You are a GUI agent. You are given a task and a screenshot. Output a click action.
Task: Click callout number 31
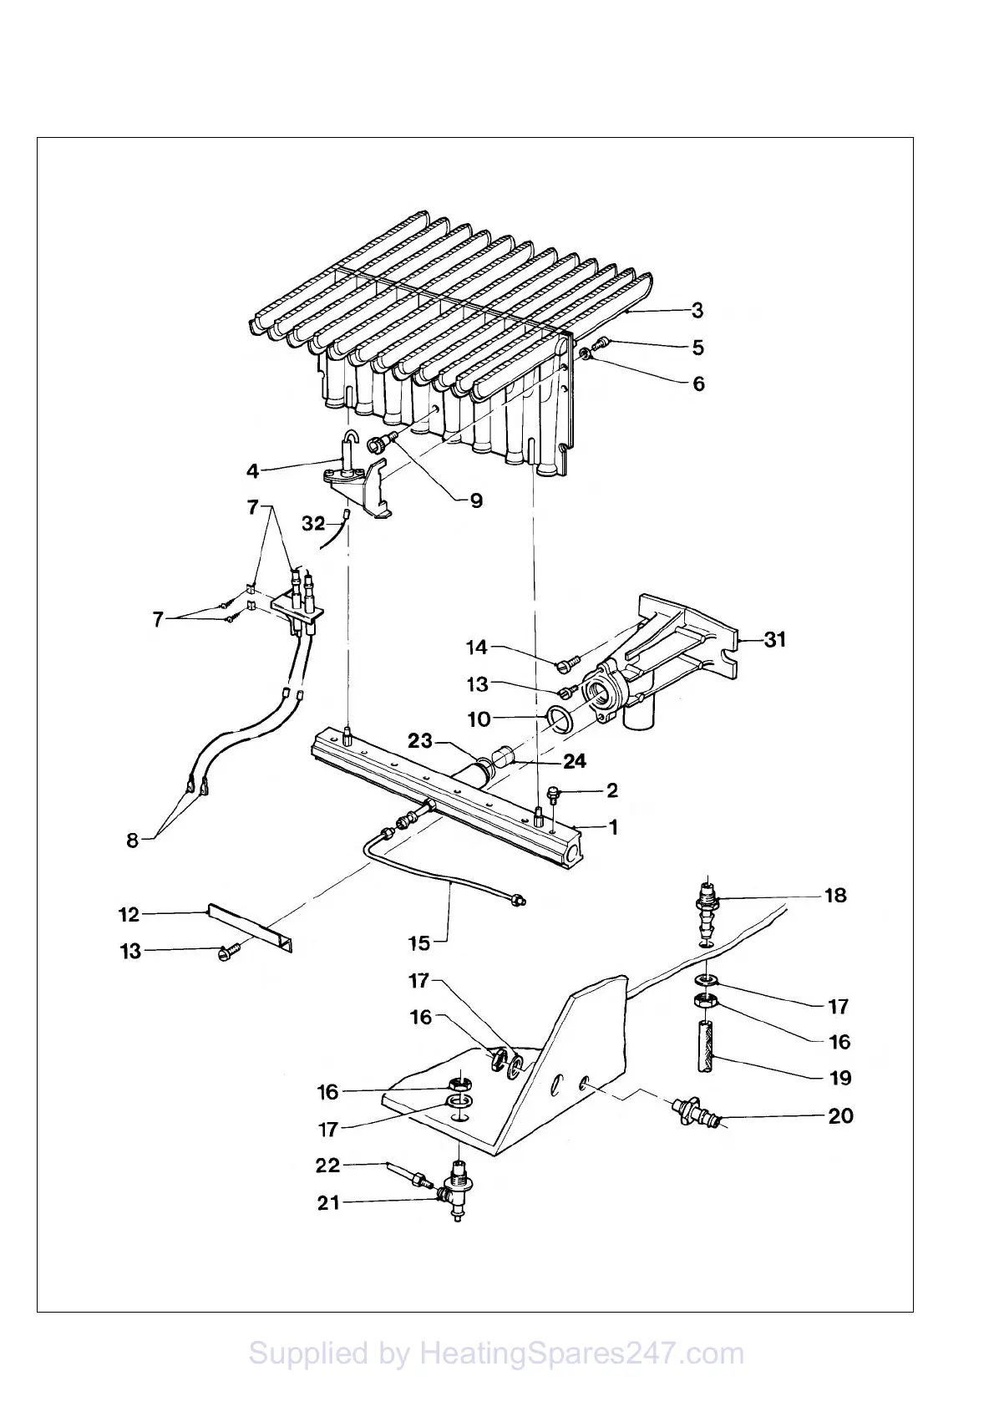pos(775,639)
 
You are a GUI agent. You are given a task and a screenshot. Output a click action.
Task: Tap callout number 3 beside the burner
pos(697,311)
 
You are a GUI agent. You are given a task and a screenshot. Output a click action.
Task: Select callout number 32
pos(313,523)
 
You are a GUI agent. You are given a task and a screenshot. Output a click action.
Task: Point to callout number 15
pos(418,942)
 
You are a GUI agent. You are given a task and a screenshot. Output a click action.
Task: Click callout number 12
pos(129,914)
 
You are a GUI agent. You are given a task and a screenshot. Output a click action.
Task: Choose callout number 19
pos(840,1078)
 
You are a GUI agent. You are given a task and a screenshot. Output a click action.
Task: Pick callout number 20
pos(840,1115)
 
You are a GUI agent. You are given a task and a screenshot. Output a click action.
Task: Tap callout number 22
pos(328,1166)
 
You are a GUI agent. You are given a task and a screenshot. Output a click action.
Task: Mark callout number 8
pos(132,840)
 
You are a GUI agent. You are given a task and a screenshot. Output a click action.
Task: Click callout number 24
pos(574,761)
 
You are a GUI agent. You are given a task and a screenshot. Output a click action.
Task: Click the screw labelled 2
pos(552,792)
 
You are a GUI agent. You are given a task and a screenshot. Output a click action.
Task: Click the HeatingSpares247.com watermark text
pos(496,1353)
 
